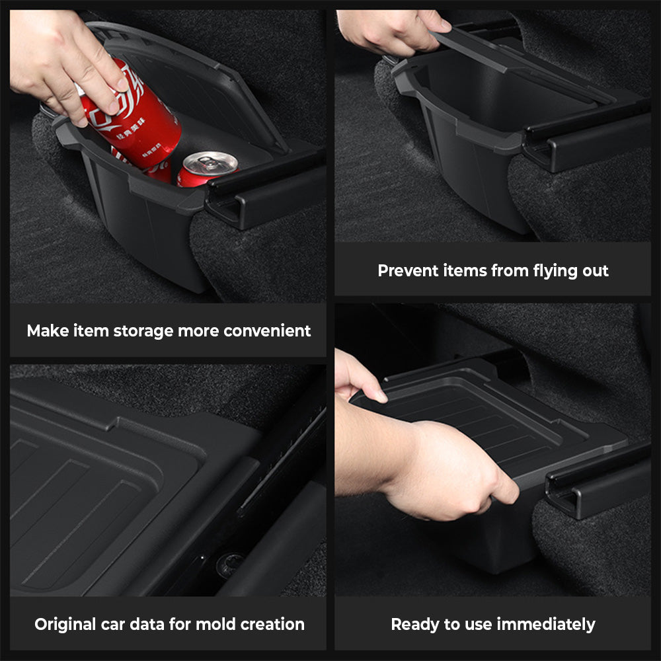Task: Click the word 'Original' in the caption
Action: tap(69, 624)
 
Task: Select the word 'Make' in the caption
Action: tap(46, 330)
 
